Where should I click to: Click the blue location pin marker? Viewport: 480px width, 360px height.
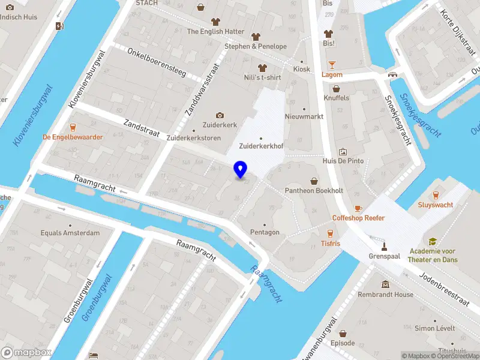241,170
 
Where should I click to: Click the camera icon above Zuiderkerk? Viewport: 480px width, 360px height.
220,115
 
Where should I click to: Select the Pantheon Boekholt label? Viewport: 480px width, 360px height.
314,190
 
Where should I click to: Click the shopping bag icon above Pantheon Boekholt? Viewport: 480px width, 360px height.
314,181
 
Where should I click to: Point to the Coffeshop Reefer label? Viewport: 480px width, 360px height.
358,218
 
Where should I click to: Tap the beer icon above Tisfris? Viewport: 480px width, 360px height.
329,233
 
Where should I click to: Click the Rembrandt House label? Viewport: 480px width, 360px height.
385,295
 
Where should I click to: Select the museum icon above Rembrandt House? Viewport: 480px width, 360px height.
385,284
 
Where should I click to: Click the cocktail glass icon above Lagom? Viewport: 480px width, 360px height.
332,65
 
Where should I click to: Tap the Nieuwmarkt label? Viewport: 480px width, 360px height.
304,116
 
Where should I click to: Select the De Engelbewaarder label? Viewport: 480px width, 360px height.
73,137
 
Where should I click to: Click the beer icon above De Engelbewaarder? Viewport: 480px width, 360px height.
73,127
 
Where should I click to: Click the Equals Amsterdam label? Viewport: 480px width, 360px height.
70,233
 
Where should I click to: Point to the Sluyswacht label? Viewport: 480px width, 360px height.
436,205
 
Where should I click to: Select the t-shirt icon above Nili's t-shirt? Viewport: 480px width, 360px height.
261,68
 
